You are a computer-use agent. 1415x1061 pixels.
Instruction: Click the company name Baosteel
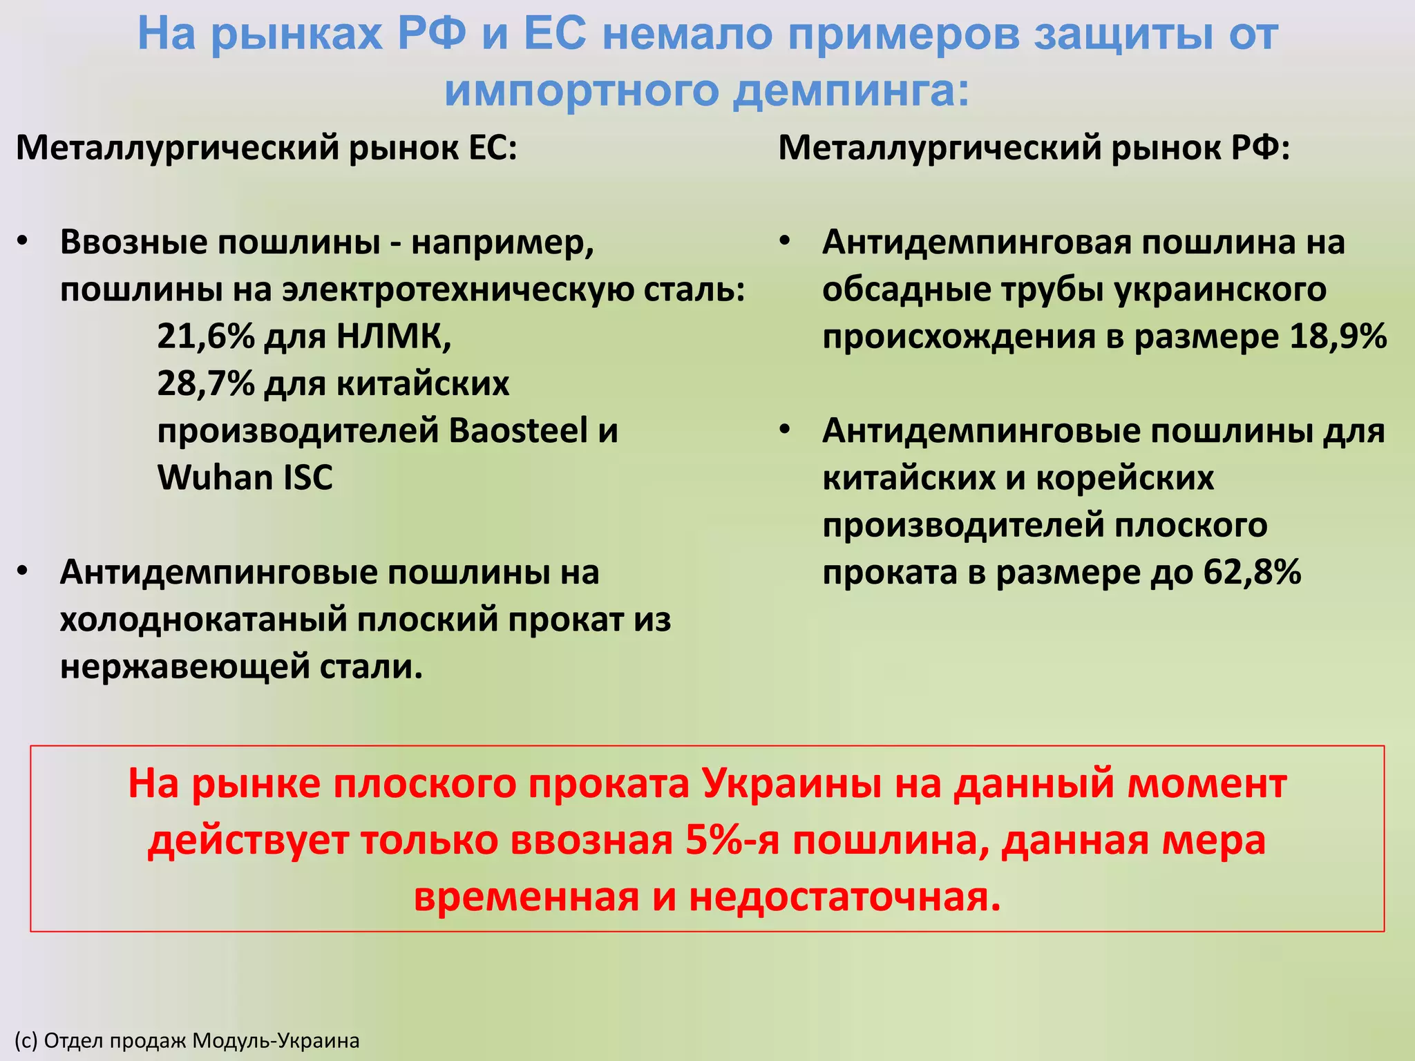(518, 430)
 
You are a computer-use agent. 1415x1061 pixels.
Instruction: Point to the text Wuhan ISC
(245, 477)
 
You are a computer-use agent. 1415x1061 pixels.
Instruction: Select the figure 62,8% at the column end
(1252, 572)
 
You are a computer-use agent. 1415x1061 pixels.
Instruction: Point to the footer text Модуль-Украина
(276, 1040)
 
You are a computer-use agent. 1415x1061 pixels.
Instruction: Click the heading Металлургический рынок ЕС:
(267, 147)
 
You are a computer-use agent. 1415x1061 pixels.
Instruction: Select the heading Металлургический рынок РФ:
(1034, 147)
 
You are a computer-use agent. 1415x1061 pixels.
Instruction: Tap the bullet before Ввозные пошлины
(23, 242)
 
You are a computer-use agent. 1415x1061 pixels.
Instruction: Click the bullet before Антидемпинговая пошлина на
(785, 242)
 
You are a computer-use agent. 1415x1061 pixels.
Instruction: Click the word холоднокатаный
(202, 619)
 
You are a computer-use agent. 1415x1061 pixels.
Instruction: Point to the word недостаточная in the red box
(844, 897)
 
